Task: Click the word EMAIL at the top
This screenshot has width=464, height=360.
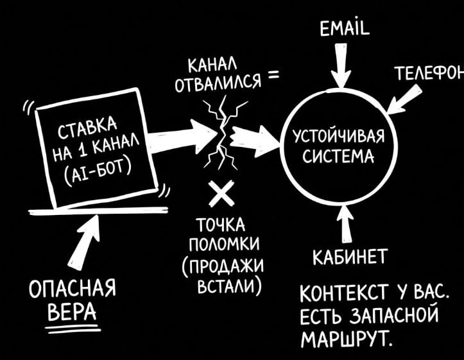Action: coord(344,29)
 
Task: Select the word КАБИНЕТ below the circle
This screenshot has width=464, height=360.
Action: coord(348,259)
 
